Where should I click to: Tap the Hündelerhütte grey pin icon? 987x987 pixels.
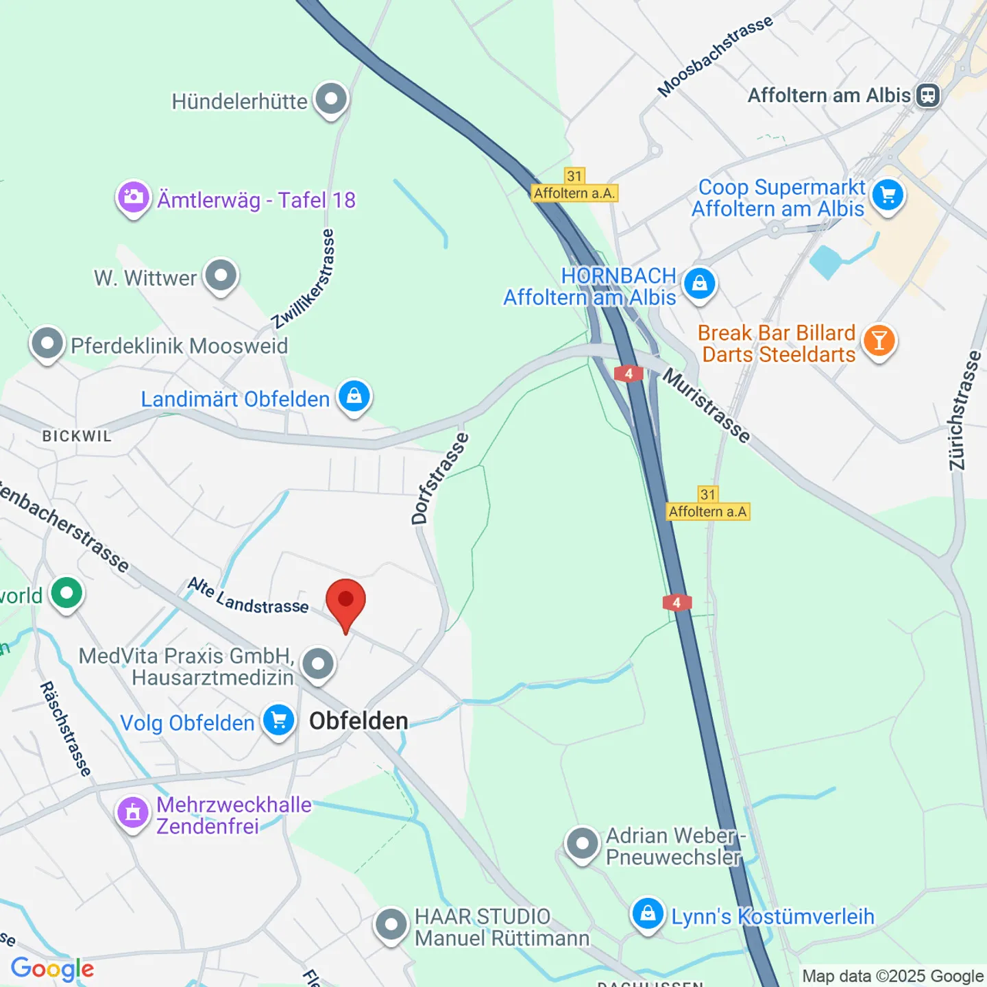pyautogui.click(x=331, y=99)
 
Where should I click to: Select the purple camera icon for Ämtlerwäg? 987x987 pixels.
pyautogui.click(x=133, y=198)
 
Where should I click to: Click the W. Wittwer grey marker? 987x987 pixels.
pyautogui.click(x=221, y=276)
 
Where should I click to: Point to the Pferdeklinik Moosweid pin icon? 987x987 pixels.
pyautogui.click(x=47, y=343)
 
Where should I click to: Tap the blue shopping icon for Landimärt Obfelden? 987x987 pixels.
pyautogui.click(x=354, y=397)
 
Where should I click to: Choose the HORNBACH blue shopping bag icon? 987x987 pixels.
pyautogui.click(x=699, y=283)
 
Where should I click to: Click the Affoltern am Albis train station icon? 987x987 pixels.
pyautogui.click(x=928, y=95)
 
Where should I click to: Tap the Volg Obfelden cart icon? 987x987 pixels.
pyautogui.click(x=279, y=721)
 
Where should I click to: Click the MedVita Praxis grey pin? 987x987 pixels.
pyautogui.click(x=318, y=664)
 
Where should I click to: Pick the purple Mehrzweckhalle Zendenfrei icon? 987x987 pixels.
pyautogui.click(x=133, y=813)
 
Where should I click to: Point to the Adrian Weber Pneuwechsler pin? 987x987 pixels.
pyautogui.click(x=583, y=844)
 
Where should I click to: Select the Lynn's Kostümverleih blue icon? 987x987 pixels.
pyautogui.click(x=647, y=914)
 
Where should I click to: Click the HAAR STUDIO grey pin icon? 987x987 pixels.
pyautogui.click(x=391, y=925)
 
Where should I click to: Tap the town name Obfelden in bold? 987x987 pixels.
pyautogui.click(x=358, y=721)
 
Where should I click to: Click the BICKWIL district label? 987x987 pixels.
pyautogui.click(x=77, y=437)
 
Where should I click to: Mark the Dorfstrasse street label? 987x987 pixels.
pyautogui.click(x=439, y=478)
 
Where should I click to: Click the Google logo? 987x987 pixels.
pyautogui.click(x=53, y=968)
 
